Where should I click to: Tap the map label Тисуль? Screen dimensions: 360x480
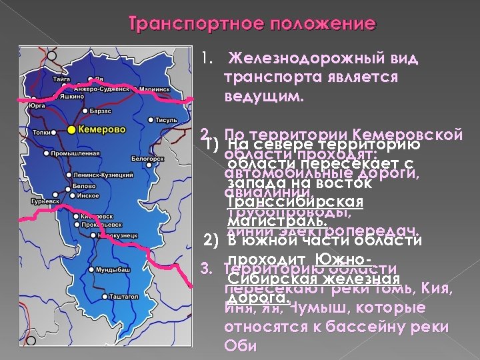click(167, 121)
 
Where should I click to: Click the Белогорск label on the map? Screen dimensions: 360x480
click(147, 159)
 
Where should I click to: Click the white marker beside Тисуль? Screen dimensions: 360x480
click(151, 121)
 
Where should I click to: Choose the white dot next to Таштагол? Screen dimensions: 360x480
click(105, 295)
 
